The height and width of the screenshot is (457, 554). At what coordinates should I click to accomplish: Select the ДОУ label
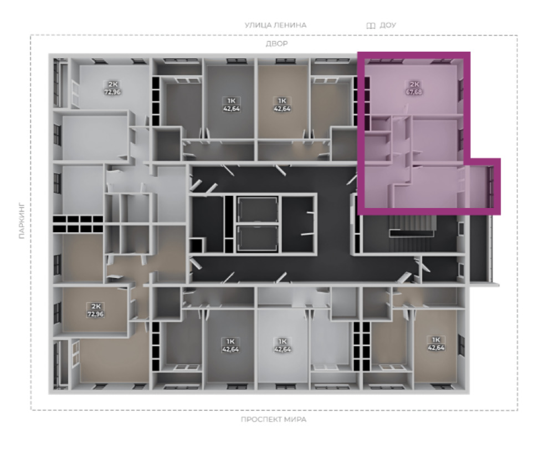pyautogui.click(x=388, y=25)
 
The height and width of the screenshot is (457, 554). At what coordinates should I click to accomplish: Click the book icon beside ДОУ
pyautogui.click(x=371, y=26)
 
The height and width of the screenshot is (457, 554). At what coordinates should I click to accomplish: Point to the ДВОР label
pyautogui.click(x=276, y=44)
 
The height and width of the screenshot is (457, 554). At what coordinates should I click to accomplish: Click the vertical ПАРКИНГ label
pyautogui.click(x=22, y=220)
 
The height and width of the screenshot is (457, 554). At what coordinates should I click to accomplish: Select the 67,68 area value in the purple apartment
pyautogui.click(x=414, y=92)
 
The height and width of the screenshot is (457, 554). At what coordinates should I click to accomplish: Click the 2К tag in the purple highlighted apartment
pyautogui.click(x=414, y=84)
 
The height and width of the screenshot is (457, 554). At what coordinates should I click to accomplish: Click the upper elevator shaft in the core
pyautogui.click(x=257, y=210)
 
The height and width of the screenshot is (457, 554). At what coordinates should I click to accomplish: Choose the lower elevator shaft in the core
pyautogui.click(x=257, y=238)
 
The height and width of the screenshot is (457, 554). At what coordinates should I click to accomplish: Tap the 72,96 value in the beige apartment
pyautogui.click(x=95, y=314)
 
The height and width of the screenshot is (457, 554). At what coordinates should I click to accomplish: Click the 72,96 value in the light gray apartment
pyautogui.click(x=112, y=92)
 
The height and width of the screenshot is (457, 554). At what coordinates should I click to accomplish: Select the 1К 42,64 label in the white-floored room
pyautogui.click(x=283, y=345)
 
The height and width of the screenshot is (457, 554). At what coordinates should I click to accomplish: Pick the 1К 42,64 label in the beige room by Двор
pyautogui.click(x=282, y=105)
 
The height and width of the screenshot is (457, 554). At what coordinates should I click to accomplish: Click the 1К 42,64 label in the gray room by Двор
pyautogui.click(x=232, y=105)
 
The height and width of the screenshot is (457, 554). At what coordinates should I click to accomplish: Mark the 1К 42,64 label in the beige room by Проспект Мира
pyautogui.click(x=436, y=343)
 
